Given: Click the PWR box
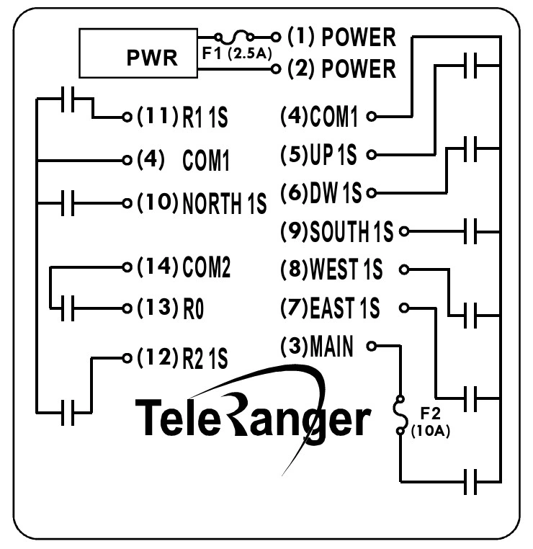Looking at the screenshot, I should tap(140, 54).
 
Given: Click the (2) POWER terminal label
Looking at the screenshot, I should tap(341, 69).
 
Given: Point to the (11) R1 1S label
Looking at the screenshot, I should tap(182, 117).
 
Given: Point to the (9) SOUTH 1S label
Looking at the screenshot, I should tap(336, 232).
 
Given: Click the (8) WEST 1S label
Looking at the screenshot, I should tap(331, 269).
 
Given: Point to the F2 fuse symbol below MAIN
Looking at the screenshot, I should tap(400, 416).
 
